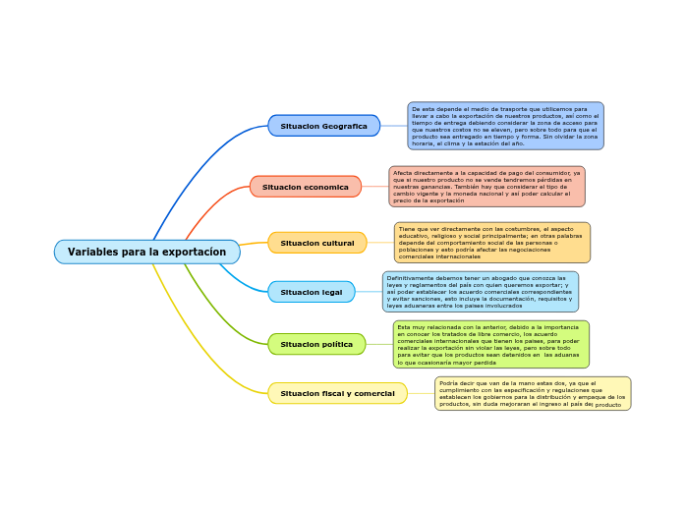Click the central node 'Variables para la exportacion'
146,253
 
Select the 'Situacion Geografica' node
323,126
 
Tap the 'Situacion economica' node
305,187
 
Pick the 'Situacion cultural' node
316,243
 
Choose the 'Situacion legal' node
311,292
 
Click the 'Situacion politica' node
315,344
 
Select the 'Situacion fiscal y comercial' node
337,393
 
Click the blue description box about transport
505,126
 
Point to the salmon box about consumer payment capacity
486,187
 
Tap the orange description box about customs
491,243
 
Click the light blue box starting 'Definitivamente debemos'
480,292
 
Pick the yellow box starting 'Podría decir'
532,393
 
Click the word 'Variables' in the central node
93,253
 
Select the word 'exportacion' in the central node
196,253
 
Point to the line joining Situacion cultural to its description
380,243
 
